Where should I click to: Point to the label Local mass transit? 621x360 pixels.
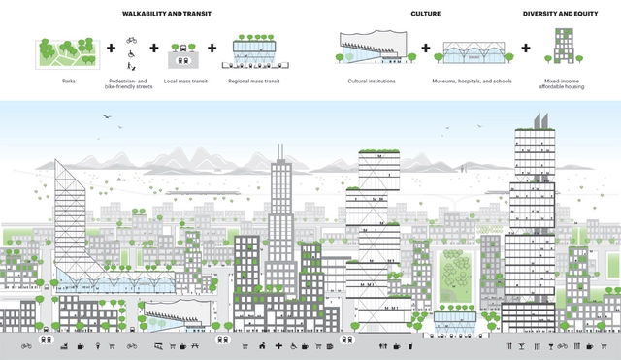(x=183, y=82)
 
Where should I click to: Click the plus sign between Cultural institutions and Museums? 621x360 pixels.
(x=425, y=49)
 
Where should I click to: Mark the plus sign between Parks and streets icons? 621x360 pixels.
(x=110, y=49)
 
